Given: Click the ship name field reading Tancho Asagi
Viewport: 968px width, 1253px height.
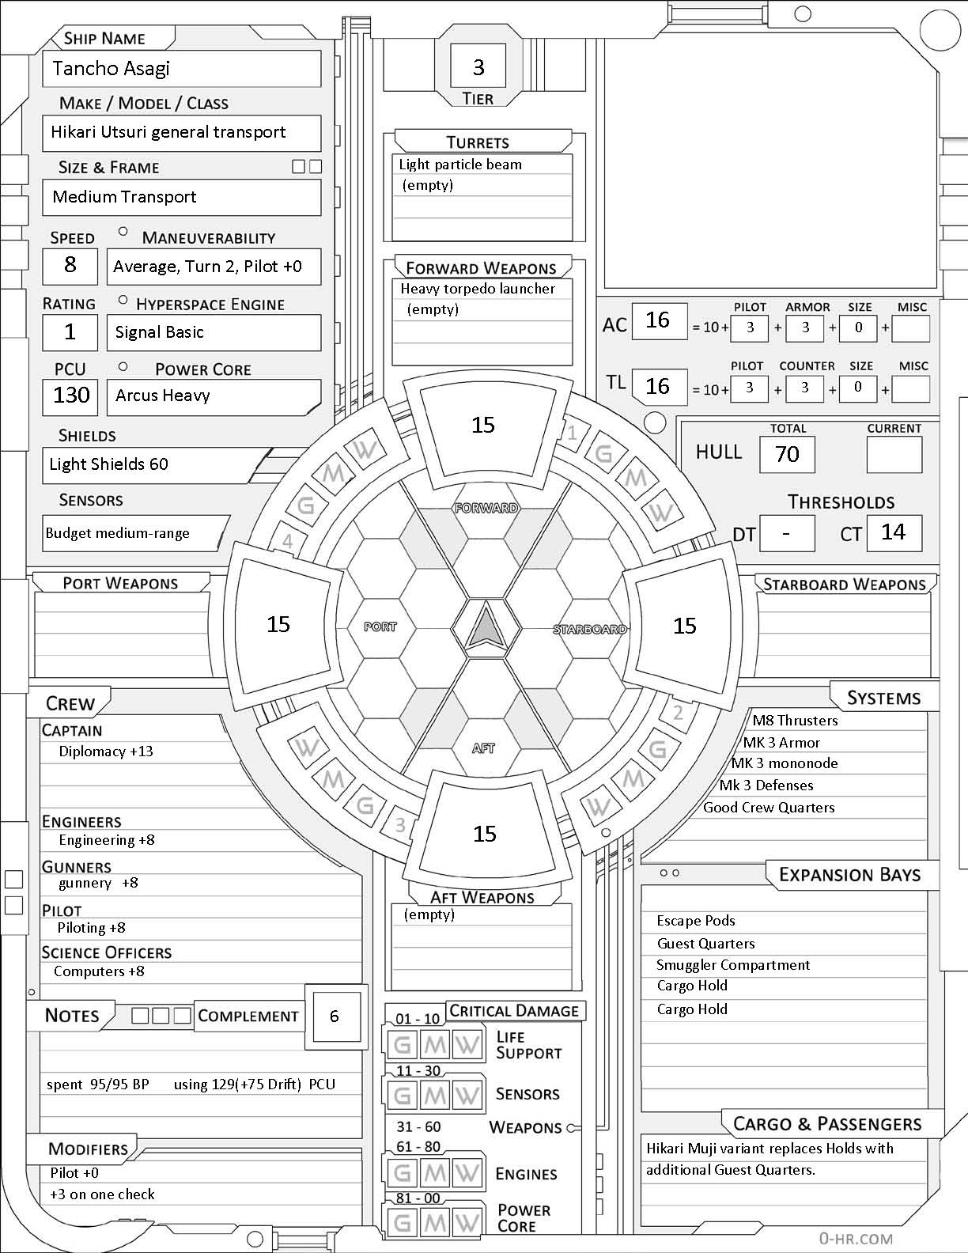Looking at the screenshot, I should point(181,69).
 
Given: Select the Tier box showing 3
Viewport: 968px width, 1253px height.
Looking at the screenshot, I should point(478,67).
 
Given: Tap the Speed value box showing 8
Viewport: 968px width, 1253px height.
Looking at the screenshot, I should point(70,265).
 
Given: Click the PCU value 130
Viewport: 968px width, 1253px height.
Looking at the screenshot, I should point(70,395).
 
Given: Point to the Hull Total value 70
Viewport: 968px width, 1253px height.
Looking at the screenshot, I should point(787,454).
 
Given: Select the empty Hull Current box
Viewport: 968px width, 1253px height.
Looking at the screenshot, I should point(894,454).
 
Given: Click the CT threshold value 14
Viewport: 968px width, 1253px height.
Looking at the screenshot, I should point(894,532).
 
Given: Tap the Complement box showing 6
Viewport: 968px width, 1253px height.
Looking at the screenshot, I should point(335,1016).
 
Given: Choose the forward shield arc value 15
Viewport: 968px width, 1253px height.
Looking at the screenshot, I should point(483,426).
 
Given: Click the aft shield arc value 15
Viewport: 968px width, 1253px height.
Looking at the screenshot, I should point(484,834).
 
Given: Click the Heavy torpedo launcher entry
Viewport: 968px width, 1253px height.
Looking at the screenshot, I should point(478,290).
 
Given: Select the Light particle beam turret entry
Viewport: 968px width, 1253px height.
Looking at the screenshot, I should point(460,165).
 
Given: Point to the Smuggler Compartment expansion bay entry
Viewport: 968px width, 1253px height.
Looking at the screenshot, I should point(733,965).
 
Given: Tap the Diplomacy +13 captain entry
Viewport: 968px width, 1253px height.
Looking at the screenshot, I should point(106,751).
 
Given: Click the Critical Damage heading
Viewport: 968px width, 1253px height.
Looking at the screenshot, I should point(514,1011).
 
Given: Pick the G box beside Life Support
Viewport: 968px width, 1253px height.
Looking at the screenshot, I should point(402,1045).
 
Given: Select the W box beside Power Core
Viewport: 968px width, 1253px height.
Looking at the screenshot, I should point(467,1222).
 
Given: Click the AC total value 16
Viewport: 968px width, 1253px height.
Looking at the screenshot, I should point(657,320).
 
